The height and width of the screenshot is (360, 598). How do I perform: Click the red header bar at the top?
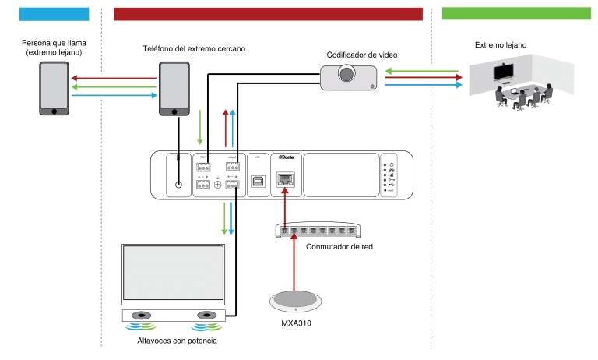(268, 13)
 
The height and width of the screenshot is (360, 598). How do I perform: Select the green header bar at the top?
(516, 13)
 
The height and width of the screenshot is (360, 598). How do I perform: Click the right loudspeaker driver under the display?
(206, 316)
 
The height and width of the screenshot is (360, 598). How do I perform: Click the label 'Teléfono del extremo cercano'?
(193, 48)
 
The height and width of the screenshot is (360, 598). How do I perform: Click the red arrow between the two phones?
(114, 78)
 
